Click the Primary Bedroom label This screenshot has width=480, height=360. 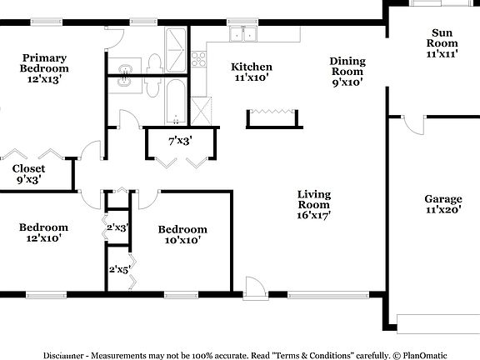pyautogui.click(x=45, y=68)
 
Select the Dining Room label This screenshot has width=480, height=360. pyautogui.click(x=347, y=71)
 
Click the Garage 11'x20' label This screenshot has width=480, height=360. pyautogui.click(x=442, y=205)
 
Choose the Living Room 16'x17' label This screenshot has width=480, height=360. pyautogui.click(x=313, y=205)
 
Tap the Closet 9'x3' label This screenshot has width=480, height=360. pyautogui.click(x=28, y=173)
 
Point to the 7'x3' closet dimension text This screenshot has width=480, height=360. pyautogui.click(x=180, y=141)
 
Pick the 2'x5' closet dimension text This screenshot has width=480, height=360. pyautogui.click(x=119, y=268)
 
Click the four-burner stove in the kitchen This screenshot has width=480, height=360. pyautogui.click(x=199, y=58)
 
